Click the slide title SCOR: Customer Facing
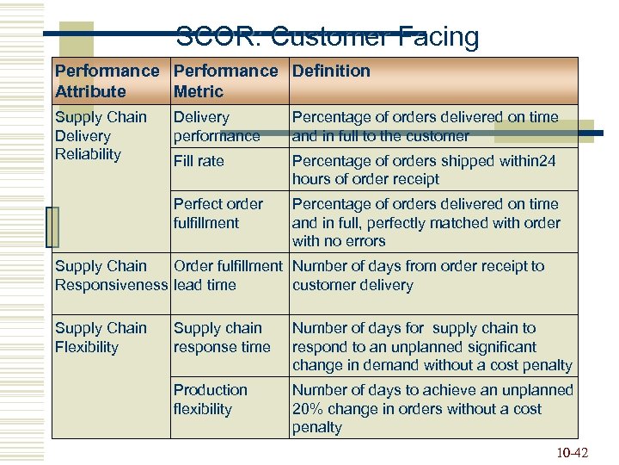tap(328, 36)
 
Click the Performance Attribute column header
tap(107, 81)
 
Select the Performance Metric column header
tap(225, 81)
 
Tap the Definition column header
tap(331, 71)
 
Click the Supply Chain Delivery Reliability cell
tap(101, 135)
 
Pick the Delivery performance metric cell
tap(217, 127)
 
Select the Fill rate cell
tap(199, 161)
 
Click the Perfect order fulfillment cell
tap(218, 214)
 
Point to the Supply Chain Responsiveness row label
tap(111, 276)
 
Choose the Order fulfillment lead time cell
tap(228, 276)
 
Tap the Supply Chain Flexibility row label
tap(101, 338)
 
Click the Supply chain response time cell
tap(222, 338)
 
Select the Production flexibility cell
tap(211, 400)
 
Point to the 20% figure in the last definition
tap(307, 409)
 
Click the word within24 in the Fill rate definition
tap(524, 161)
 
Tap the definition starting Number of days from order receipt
tap(418, 276)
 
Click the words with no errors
tap(339, 241)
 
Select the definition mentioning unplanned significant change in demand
tap(432, 346)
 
